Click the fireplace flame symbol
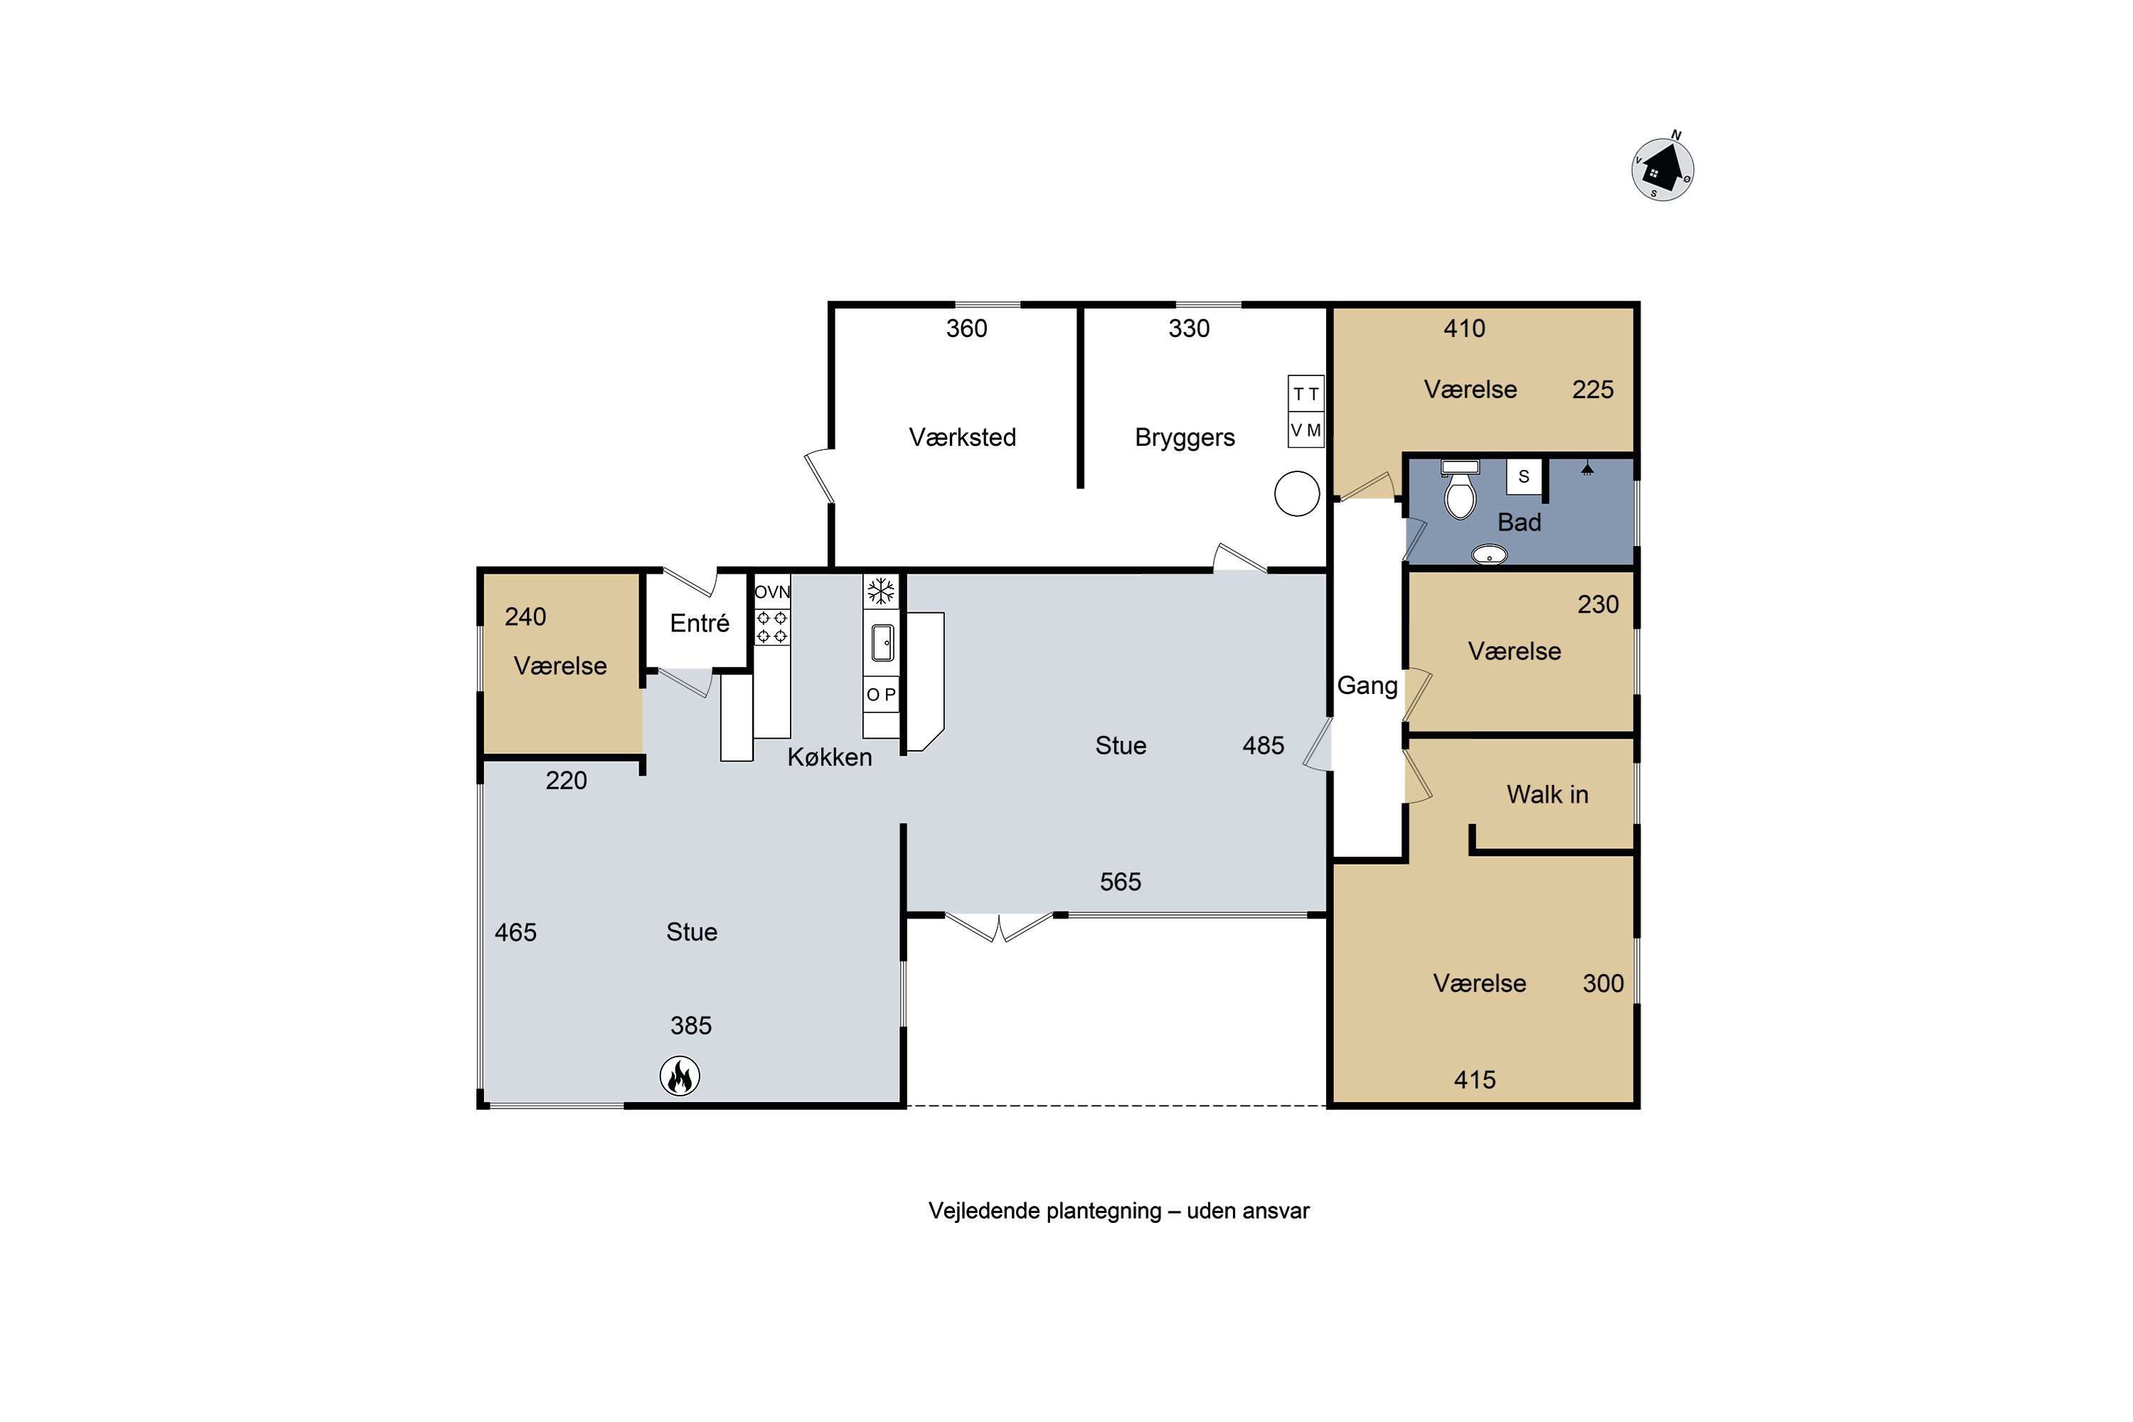(x=679, y=1076)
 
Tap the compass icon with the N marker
(x=1662, y=168)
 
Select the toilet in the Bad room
(x=1459, y=490)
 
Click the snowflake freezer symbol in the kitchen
(x=881, y=592)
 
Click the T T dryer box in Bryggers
(x=1306, y=394)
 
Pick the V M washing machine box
(x=1306, y=430)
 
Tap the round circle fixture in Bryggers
(x=1297, y=494)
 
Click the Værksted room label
(x=962, y=437)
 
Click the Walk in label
(x=1547, y=794)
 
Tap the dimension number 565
(x=1120, y=882)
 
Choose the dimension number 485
(x=1263, y=745)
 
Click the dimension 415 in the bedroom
(x=1475, y=1080)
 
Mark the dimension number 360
(x=967, y=328)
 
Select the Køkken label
(x=829, y=757)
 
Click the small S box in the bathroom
(x=1524, y=477)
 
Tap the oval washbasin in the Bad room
(x=1489, y=553)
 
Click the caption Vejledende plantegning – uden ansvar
(x=1119, y=1212)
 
